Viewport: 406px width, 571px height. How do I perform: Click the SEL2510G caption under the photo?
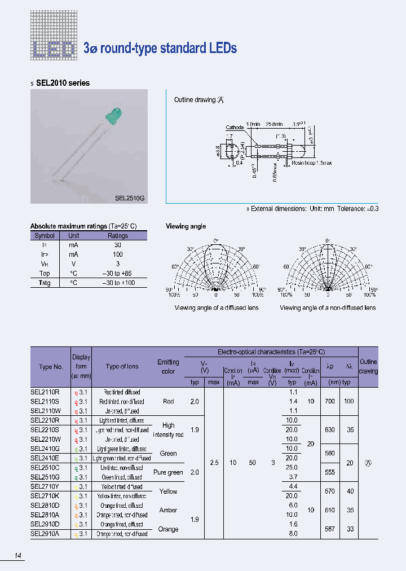tap(130, 198)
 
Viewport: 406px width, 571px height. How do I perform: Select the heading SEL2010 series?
tap(63, 83)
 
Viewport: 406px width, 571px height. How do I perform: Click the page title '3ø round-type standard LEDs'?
tap(160, 48)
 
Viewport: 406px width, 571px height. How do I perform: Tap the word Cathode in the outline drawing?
tap(235, 128)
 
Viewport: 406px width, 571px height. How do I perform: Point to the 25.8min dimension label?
tap(271, 123)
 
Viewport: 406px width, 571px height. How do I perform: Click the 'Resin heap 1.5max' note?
tap(312, 163)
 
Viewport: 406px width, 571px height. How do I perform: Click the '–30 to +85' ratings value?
tap(117, 274)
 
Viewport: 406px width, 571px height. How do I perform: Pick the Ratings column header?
tap(117, 235)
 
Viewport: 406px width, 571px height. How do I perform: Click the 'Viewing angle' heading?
tap(186, 226)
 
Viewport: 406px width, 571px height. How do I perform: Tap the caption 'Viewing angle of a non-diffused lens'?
tap(328, 308)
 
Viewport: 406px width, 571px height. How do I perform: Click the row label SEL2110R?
tap(46, 392)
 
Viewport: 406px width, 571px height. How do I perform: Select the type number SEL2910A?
tap(46, 534)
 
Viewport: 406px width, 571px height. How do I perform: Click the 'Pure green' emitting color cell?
tap(168, 472)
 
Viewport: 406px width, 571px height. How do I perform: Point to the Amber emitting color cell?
tap(168, 510)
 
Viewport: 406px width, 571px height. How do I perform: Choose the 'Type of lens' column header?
tap(122, 367)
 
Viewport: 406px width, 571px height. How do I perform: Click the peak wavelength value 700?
tap(330, 401)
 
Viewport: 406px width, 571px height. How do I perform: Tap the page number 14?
tap(19, 556)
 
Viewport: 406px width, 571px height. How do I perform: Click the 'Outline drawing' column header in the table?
tap(368, 366)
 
